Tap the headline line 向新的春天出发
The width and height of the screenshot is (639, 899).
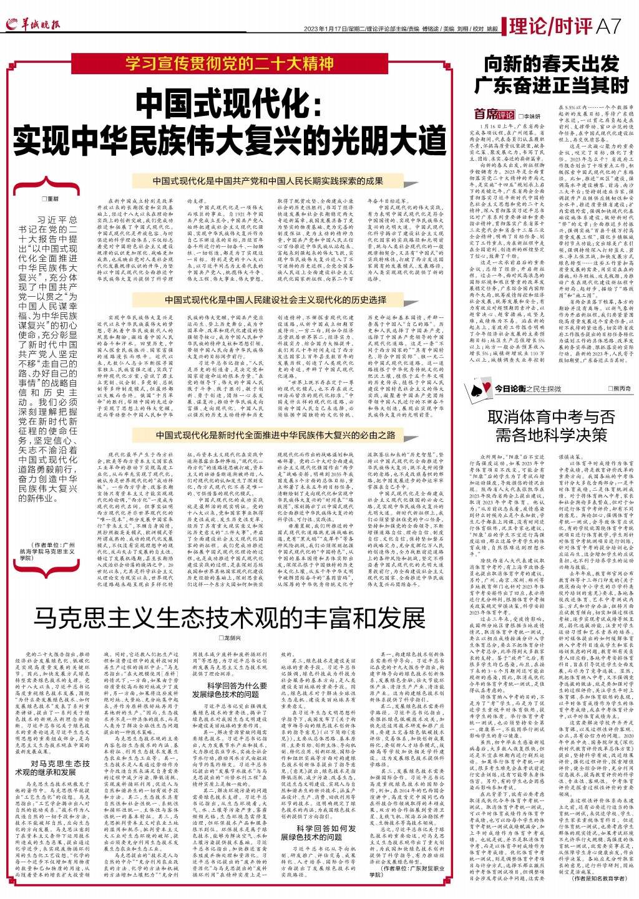coord(553,64)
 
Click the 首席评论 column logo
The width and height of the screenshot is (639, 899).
coord(494,115)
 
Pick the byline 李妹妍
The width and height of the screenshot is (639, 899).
coord(530,116)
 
